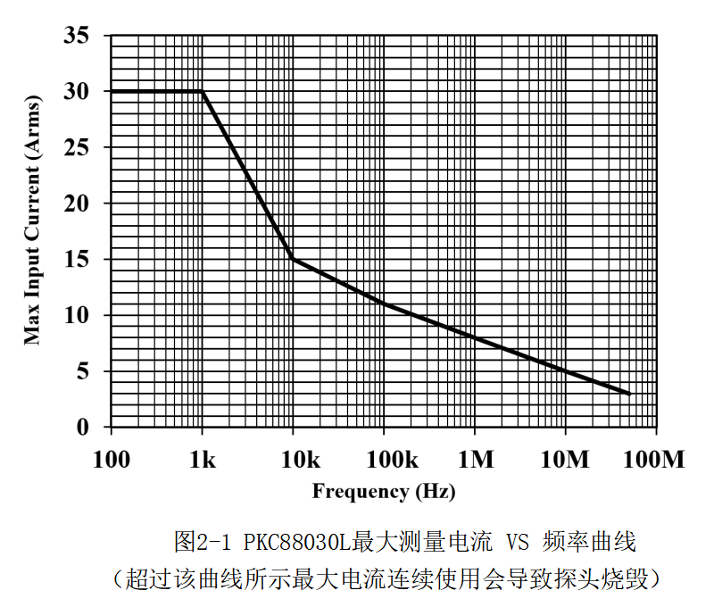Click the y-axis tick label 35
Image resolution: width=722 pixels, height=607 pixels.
77,37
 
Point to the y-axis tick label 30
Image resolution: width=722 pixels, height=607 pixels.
77,92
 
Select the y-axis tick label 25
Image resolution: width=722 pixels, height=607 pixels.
77,148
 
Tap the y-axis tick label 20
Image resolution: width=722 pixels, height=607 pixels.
77,204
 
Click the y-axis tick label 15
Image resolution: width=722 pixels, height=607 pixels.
77,260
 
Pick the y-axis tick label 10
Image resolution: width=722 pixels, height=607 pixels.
77,316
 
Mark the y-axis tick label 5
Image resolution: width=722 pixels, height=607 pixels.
82,371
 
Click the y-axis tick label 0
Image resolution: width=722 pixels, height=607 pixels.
82,428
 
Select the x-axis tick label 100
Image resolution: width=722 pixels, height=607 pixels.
111,461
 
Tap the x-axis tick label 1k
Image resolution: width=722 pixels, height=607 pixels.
203,461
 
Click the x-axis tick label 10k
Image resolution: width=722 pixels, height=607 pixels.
294,461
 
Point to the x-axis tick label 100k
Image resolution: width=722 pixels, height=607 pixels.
385,461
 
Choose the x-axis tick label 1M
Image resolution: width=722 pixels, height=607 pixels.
475,461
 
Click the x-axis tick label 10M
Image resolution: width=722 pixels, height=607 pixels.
566,461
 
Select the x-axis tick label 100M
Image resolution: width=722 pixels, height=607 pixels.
656,461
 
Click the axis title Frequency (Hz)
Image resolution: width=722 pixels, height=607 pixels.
383,491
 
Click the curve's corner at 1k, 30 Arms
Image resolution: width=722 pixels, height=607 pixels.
203,92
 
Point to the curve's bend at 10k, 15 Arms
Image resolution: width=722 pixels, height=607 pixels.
294,260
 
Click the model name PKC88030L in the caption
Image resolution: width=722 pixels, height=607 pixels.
295,542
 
